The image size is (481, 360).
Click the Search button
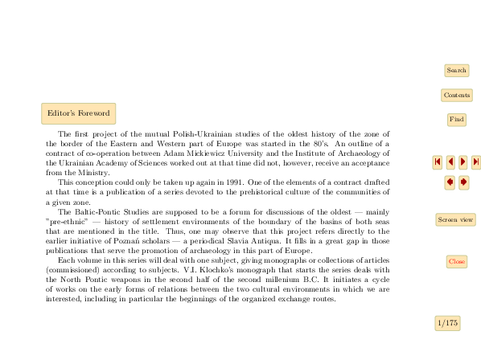pyautogui.click(x=456, y=71)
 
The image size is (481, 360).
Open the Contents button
pyautogui.click(x=456, y=96)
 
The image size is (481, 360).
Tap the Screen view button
pyautogui.click(x=455, y=219)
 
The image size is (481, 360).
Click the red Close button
pyautogui.click(x=456, y=262)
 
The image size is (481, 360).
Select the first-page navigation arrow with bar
pyautogui.click(x=437, y=162)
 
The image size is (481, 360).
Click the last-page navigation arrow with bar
pyautogui.click(x=476, y=162)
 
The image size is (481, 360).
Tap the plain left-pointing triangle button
pyautogui.click(x=450, y=162)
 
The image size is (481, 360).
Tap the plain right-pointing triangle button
pyautogui.click(x=463, y=162)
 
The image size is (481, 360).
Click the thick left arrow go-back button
pyautogui.click(x=450, y=182)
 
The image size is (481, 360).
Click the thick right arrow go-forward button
pyautogui.click(x=463, y=182)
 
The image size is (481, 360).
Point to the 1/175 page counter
pyautogui.click(x=447, y=323)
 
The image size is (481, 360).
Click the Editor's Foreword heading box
pyautogui.click(x=78, y=113)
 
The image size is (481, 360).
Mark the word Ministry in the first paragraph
pyautogui.click(x=95, y=172)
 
